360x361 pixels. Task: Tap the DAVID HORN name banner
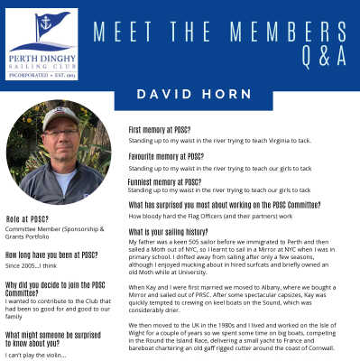point(180,95)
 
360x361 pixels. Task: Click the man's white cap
point(60,118)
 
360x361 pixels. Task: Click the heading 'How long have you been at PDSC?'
point(51,255)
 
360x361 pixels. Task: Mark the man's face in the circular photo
point(60,136)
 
